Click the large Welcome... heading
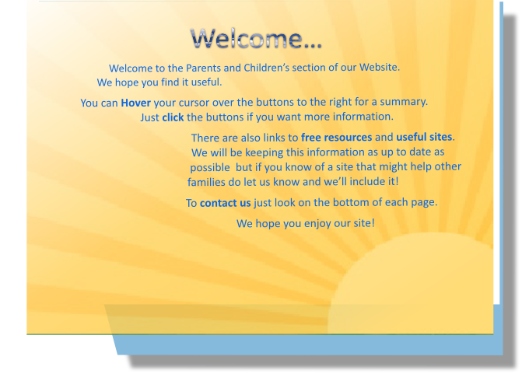coord(256,39)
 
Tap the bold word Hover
coord(135,103)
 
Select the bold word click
coord(173,117)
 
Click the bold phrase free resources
coord(336,137)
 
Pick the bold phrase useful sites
coord(424,137)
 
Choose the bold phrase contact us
coord(225,203)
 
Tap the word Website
coord(379,67)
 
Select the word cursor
coord(194,103)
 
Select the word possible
coord(210,167)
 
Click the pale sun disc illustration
coord(410,283)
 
